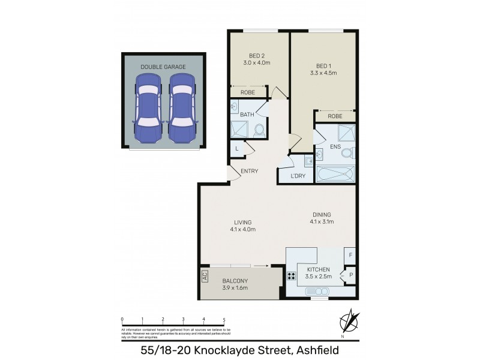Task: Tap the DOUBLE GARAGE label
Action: point(163,67)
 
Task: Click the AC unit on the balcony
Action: point(205,277)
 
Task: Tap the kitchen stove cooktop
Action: point(292,277)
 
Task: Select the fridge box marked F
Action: point(350,256)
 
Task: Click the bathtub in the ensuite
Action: point(335,175)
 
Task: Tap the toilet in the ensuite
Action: point(347,153)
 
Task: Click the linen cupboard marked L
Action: point(236,148)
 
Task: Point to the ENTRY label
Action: point(249,171)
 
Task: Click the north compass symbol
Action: point(349,320)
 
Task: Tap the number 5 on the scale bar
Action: point(224,319)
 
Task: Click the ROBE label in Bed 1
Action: point(335,116)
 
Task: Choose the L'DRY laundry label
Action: point(298,176)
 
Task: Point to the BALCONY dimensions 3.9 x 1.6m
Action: point(235,288)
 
